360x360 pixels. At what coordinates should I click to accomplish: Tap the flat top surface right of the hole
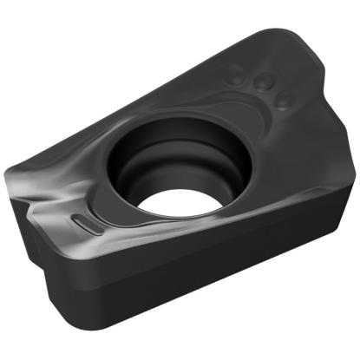point(278,165)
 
